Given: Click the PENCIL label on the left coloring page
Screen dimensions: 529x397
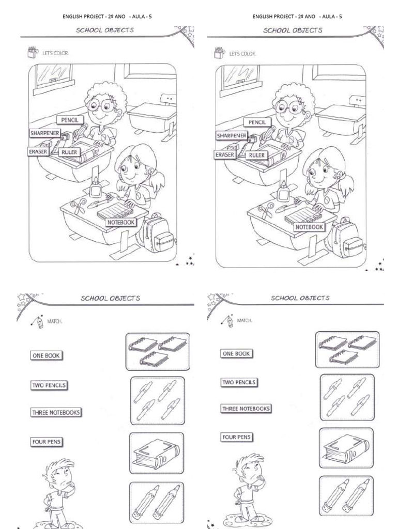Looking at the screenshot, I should click(70, 120).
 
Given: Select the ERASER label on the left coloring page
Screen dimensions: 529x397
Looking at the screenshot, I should click(38, 151).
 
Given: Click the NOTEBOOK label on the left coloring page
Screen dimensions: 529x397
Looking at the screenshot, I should click(121, 222).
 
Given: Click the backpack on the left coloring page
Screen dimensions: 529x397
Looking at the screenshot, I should click(157, 235).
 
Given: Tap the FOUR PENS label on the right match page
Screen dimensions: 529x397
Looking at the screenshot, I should click(237, 437).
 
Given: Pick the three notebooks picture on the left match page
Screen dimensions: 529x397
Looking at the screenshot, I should click(158, 351).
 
